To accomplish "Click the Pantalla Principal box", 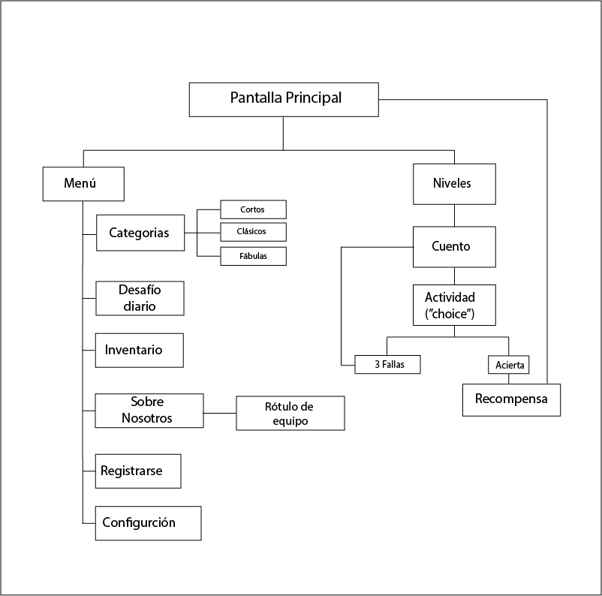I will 284,99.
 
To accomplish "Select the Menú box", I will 83,184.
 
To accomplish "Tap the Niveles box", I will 454,184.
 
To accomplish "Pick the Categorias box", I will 140,233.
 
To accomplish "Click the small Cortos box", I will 253,209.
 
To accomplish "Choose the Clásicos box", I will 253,231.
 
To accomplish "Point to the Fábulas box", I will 253,256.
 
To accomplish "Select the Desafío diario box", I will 140,298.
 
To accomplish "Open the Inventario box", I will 140,350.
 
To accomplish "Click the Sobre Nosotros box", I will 149,411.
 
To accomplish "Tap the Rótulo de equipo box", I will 290,414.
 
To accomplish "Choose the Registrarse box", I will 139,471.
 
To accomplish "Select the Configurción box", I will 148,523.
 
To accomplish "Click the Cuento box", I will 454,246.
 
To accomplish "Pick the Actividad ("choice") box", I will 454,304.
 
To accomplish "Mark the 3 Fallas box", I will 387,365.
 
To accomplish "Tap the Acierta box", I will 510,365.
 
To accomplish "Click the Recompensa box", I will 511,399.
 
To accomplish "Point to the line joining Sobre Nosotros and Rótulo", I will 220,413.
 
